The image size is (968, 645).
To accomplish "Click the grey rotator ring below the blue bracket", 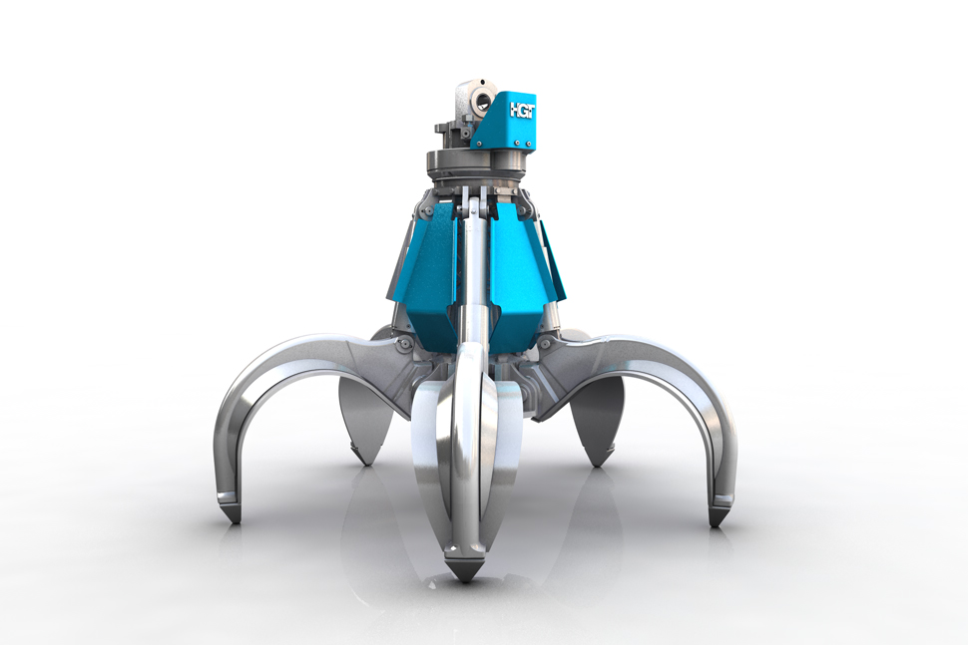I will [x=479, y=162].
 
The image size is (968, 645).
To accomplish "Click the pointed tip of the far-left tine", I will [x=233, y=517].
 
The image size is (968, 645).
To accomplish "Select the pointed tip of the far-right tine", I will [x=718, y=519].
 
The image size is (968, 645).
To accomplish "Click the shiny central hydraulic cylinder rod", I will [x=477, y=279].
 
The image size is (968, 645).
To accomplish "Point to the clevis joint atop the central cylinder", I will [x=477, y=205].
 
